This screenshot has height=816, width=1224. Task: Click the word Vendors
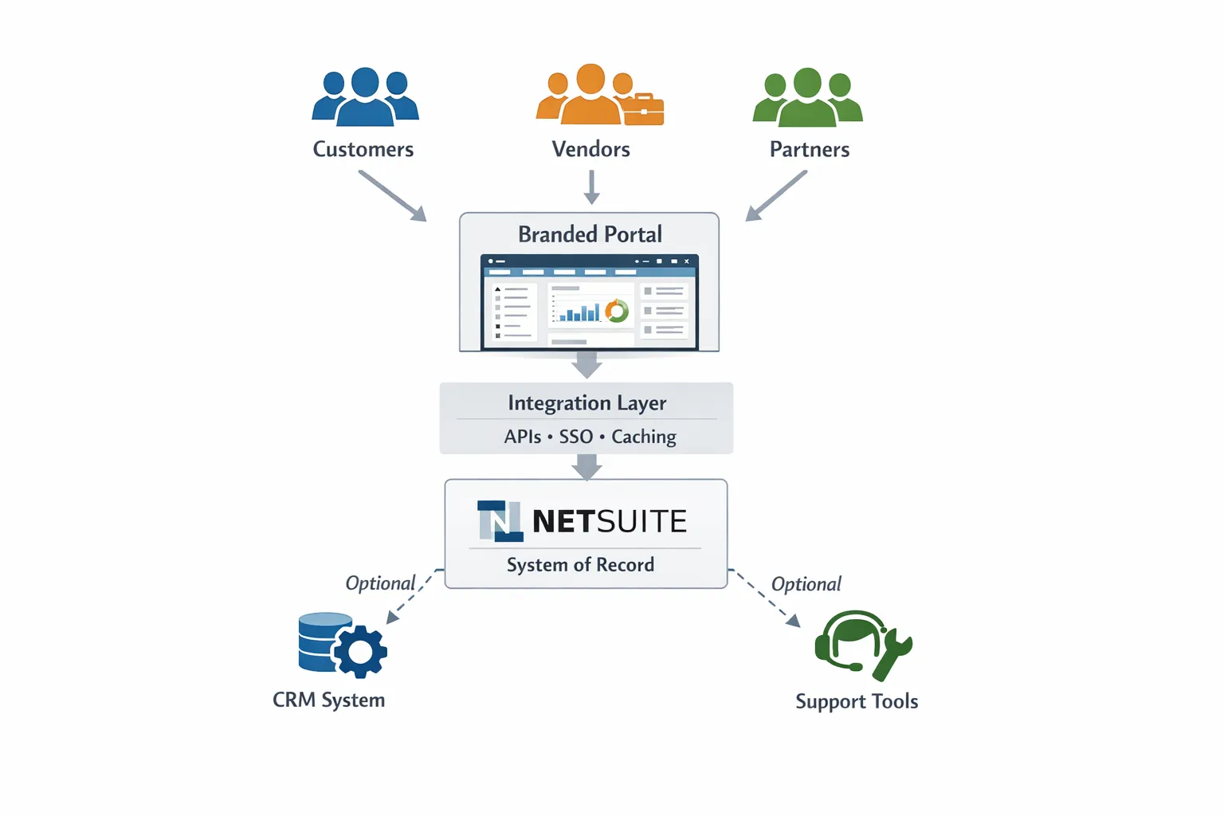(590, 149)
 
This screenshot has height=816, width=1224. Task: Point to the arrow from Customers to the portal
(391, 195)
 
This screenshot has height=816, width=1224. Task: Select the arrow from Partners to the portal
(776, 195)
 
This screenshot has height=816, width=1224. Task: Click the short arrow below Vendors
(591, 187)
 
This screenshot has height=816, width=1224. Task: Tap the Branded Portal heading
(590, 234)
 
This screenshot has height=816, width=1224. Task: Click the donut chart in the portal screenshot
(617, 311)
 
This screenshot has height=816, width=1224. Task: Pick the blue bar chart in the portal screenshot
(579, 312)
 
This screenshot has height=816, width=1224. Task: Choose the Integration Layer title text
(586, 403)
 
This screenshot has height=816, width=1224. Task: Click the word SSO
(575, 437)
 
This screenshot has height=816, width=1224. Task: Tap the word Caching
(644, 437)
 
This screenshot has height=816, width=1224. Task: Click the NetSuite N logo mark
(500, 521)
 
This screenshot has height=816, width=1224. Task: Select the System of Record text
(580, 565)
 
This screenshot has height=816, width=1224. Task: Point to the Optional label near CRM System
(380, 583)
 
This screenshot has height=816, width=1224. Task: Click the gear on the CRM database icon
(360, 652)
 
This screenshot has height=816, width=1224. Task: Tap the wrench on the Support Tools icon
(894, 653)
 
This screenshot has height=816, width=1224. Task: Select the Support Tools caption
(857, 701)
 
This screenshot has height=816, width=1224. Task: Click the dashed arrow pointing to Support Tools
(767, 598)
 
